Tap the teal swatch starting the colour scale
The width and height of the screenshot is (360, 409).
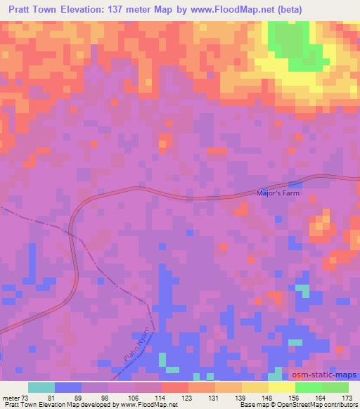pos(41,387)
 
